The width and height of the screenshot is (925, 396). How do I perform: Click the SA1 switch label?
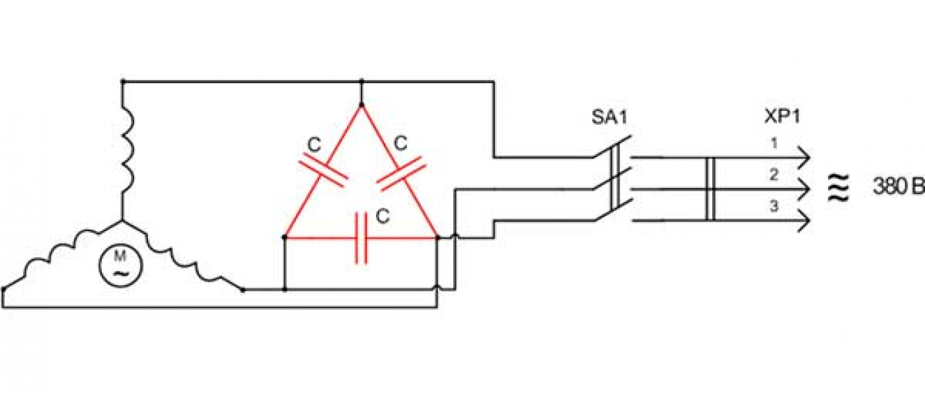[x=609, y=117]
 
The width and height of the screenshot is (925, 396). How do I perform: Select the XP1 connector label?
[x=782, y=117]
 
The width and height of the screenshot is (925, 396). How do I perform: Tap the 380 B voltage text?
[x=898, y=187]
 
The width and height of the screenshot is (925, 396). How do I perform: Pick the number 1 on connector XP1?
[x=774, y=143]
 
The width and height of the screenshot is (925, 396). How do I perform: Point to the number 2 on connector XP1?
[x=774, y=175]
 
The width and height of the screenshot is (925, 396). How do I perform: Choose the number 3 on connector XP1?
[x=774, y=206]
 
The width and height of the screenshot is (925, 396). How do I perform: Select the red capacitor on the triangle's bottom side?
[x=361, y=238]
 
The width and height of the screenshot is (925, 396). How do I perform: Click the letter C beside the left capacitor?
[x=314, y=145]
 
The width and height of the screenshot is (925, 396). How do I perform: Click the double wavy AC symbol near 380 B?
[x=838, y=187]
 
